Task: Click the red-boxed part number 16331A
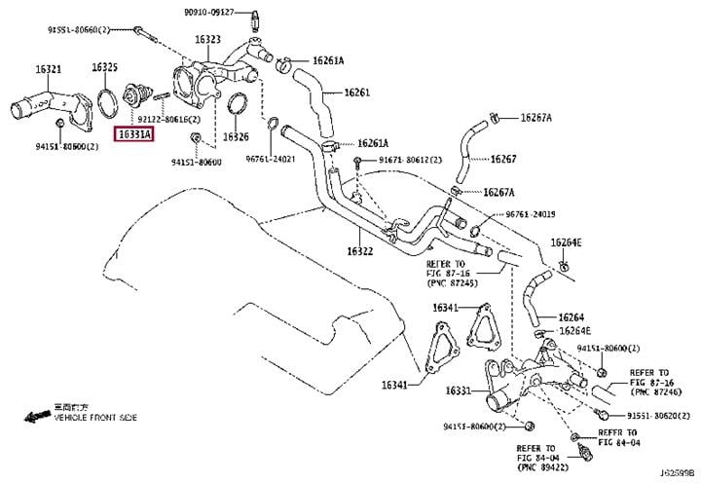134,133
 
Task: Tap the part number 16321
48,69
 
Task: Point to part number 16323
207,40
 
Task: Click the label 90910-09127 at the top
208,12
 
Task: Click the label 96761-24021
272,159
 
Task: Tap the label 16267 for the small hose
503,158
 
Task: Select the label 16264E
566,241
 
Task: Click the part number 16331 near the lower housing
459,390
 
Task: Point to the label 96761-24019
531,214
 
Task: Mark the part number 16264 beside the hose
572,317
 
